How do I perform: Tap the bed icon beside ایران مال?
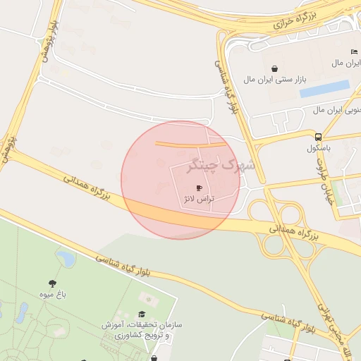pyautogui.click(x=353, y=51)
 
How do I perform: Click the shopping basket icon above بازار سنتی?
pyautogui.click(x=274, y=68)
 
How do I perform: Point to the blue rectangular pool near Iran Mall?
pyautogui.click(x=325, y=88)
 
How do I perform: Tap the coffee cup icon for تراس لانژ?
pyautogui.click(x=198, y=188)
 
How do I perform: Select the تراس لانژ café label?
pyautogui.click(x=198, y=200)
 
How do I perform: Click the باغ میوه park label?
pyautogui.click(x=53, y=295)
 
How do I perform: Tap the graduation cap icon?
pyautogui.click(x=141, y=314)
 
